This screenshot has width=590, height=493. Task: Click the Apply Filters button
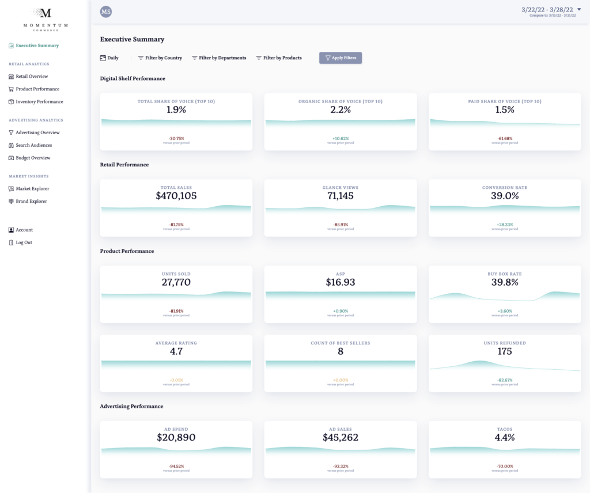point(341,58)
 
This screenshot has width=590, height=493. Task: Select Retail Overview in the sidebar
point(32,77)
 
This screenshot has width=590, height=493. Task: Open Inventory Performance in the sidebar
point(39,102)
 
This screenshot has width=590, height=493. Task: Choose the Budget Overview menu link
point(33,158)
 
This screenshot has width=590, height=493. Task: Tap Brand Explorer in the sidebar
point(31,202)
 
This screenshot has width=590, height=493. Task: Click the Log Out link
point(24,242)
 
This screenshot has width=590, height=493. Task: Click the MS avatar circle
point(106,12)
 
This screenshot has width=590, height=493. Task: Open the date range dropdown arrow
point(578,10)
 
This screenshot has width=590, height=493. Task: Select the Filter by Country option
point(160,58)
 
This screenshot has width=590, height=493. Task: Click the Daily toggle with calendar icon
point(109,58)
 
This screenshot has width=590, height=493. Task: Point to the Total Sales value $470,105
point(176,196)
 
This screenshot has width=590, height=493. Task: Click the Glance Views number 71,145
point(341,196)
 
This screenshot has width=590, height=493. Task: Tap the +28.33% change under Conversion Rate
point(505,225)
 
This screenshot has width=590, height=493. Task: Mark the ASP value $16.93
point(341,282)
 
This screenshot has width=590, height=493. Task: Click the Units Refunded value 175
point(505,351)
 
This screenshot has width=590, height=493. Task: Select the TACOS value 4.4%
point(505,438)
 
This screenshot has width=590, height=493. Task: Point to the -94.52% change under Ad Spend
point(176,467)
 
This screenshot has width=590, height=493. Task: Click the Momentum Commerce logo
point(46,17)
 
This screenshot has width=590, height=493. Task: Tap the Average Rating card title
point(176,343)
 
